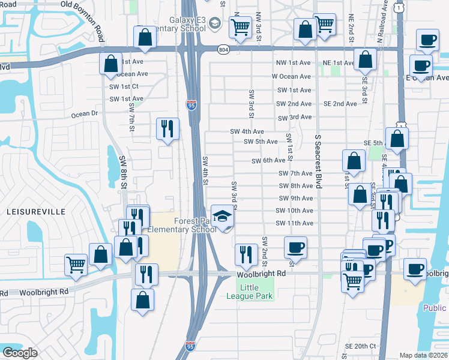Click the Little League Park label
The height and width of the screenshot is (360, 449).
coord(250,291)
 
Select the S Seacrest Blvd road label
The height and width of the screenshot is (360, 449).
coord(318,161)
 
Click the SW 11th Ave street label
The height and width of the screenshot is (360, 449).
coord(294,223)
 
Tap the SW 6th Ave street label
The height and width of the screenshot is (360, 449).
coord(268,160)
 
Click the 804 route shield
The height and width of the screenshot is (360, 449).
coord(223,49)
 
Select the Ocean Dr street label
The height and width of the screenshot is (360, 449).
coord(84,113)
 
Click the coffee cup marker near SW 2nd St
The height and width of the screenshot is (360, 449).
coord(295,247)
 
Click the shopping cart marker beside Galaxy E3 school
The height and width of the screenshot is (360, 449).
coord(240,26)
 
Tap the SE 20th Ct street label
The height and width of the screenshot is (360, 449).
coord(360,346)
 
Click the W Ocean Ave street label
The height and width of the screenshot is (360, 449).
coord(291,76)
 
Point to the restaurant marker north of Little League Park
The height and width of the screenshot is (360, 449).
coord(246,254)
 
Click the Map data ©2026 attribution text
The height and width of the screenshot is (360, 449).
coord(423,355)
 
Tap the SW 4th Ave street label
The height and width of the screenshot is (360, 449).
coord(247,131)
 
